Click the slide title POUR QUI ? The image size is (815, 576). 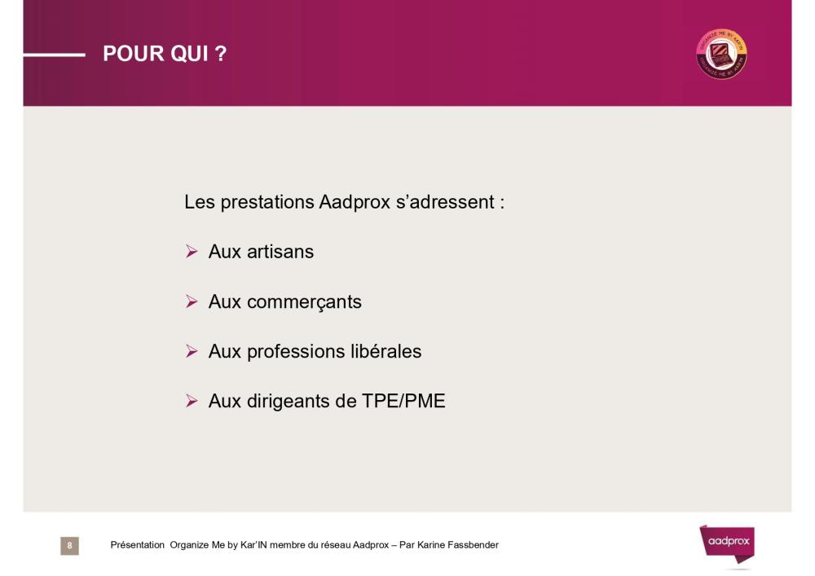165,54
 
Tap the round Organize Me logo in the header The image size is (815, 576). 721,54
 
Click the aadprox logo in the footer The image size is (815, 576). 727,543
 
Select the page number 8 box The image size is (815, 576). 69,545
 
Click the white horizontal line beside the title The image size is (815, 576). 54,55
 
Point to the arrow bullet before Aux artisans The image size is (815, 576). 192,252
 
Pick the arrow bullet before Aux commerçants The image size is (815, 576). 192,301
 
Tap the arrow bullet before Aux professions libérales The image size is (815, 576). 192,351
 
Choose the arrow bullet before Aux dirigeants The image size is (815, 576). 192,401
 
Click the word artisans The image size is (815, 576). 280,252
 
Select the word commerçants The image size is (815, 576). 304,302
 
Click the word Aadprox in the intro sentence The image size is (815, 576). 355,202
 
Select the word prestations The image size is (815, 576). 267,203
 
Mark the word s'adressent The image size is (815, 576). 445,202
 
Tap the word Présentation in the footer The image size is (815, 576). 137,545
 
